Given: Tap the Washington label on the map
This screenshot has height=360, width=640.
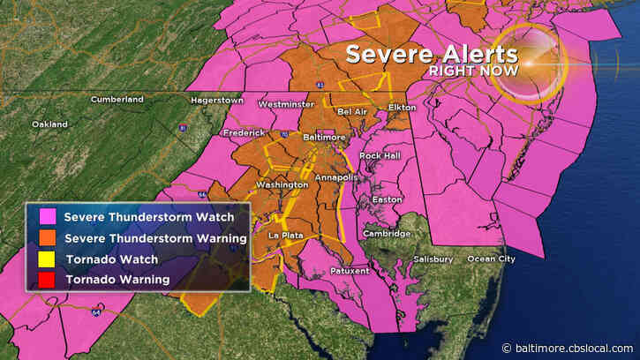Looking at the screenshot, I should pyautogui.click(x=282, y=184).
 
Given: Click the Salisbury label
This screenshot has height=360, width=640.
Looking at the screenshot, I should pyautogui.click(x=433, y=259).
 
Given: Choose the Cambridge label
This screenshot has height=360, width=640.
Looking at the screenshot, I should pyautogui.click(x=387, y=233).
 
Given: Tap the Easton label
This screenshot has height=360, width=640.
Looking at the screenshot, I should pyautogui.click(x=388, y=199).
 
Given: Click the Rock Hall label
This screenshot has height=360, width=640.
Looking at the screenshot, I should pyautogui.click(x=380, y=156).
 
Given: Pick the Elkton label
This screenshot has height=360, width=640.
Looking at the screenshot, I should pyautogui.click(x=402, y=107).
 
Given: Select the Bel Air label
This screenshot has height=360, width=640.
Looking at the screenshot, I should pyautogui.click(x=352, y=112).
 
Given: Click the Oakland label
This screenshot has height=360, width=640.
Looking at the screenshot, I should pyautogui.click(x=50, y=124).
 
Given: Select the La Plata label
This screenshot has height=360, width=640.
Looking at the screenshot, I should pyautogui.click(x=287, y=236).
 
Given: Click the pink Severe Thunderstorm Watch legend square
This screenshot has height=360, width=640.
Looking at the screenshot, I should pyautogui.click(x=42, y=217).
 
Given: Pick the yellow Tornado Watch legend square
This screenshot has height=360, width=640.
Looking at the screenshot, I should pyautogui.click(x=42, y=259).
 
